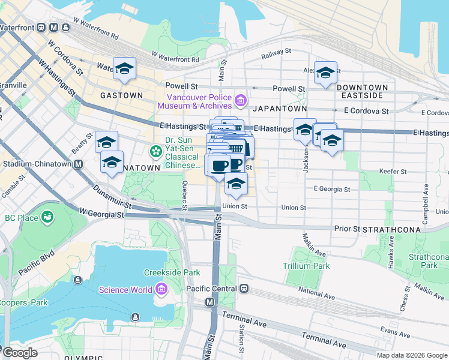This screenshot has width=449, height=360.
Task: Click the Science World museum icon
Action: pyautogui.click(x=161, y=290)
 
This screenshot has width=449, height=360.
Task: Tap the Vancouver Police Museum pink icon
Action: pyautogui.click(x=241, y=100)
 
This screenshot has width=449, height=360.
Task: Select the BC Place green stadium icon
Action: pyautogui.click(x=47, y=216)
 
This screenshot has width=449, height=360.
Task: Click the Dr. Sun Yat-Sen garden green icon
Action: pyautogui.click(x=156, y=150)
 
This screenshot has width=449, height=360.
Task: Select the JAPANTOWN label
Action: pyautogui.click(x=280, y=109)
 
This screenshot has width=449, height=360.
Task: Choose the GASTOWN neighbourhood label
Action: pyautogui.click(x=121, y=95)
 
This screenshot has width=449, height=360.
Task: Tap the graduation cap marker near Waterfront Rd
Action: pyautogui.click(x=124, y=69)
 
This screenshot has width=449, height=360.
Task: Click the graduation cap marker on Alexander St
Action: pyautogui.click(x=325, y=73)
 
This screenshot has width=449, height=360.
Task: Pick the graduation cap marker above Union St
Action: pyautogui.click(x=237, y=184)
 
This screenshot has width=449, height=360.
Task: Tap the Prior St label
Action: pyautogui.click(x=347, y=229)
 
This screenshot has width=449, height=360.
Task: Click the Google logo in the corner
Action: pyautogui.click(x=20, y=353)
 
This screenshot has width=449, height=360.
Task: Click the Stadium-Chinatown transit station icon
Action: pyautogui.click(x=77, y=163)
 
